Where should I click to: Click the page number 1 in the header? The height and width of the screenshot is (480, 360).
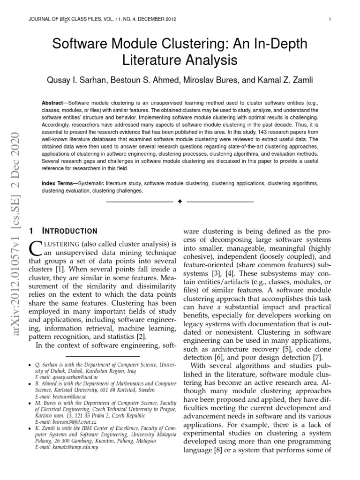tap(330, 19)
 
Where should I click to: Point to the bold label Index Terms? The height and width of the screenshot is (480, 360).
tap(58, 184)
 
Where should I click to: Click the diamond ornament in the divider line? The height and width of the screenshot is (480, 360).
tap(180, 202)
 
